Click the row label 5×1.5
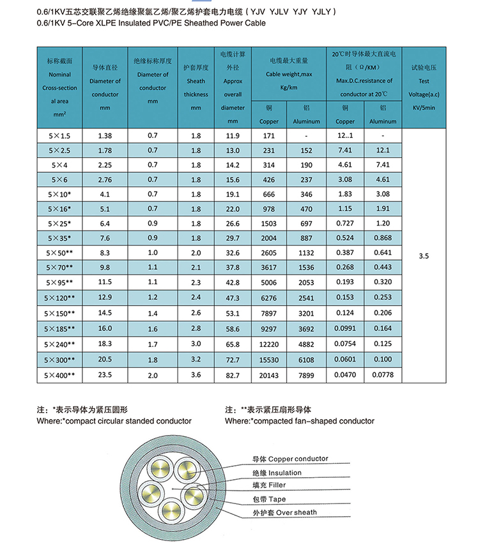coord(59,136)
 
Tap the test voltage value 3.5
coord(423,256)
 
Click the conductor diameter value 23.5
coord(105,376)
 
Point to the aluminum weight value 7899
coord(307,376)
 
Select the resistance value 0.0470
coord(345,376)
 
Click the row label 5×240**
coord(59,344)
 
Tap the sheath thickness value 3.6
coord(196,376)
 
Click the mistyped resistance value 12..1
coord(345,136)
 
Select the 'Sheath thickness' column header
coord(196,88)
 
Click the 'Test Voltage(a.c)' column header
coord(424,88)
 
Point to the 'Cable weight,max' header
coord(289,74)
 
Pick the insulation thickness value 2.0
coord(152,376)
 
